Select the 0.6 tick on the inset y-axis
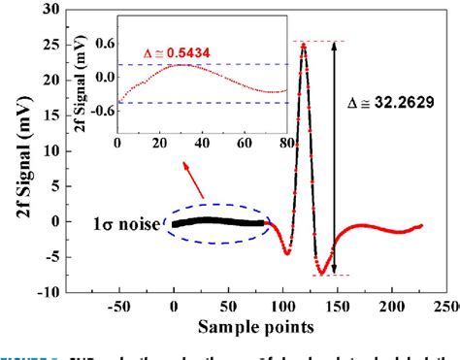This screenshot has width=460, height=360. click(102, 43)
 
